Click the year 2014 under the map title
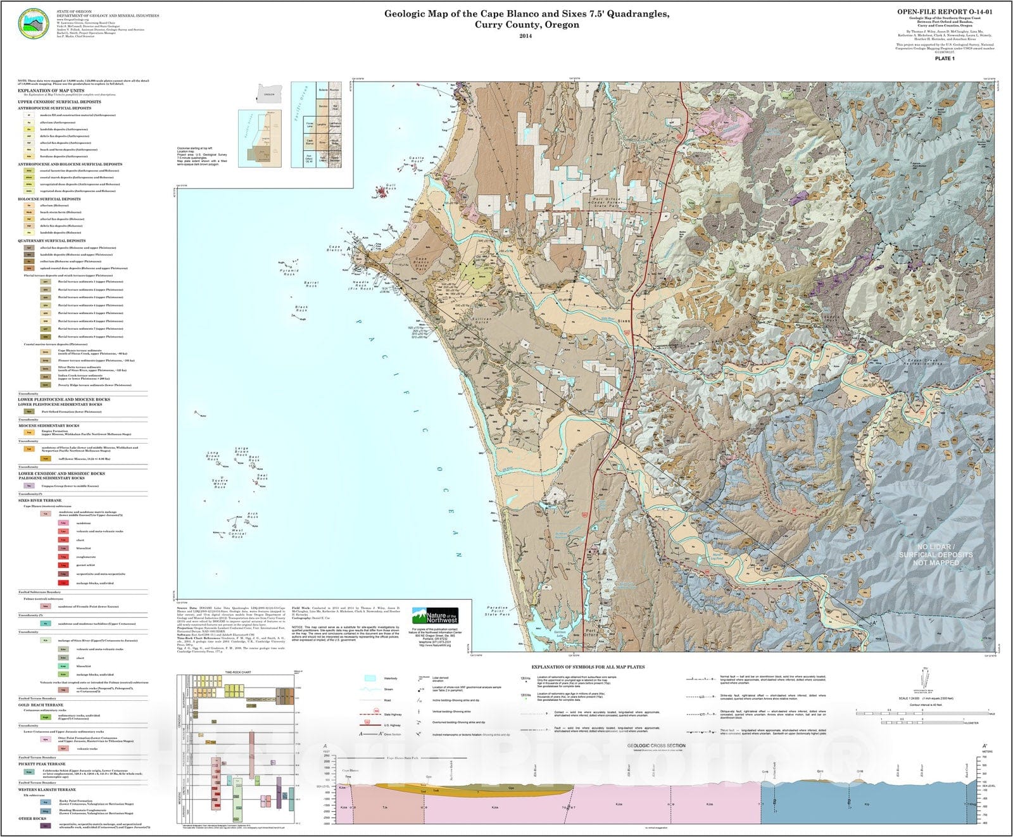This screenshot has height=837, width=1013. [x=526, y=36]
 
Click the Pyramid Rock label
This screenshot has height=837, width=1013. [x=289, y=273]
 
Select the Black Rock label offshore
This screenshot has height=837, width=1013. [x=301, y=308]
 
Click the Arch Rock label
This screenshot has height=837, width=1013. [x=253, y=516]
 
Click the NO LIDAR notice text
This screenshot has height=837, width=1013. [x=935, y=555]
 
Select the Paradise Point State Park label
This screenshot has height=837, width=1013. [x=497, y=611]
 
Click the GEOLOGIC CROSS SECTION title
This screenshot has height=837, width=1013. [x=656, y=746]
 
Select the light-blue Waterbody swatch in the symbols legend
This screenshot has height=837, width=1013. [x=370, y=679]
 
